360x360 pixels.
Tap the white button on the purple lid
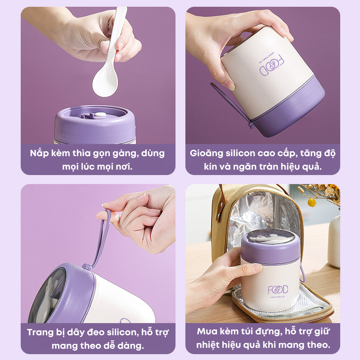click(x=100, y=115)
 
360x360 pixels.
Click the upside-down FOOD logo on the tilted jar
click(x=272, y=66)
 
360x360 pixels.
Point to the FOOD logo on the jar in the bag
click(x=278, y=290)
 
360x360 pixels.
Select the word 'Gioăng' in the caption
click(x=207, y=153)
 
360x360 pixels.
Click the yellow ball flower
click(x=311, y=202)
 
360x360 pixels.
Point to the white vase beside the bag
click(x=334, y=242)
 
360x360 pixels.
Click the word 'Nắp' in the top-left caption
click(x=39, y=153)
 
